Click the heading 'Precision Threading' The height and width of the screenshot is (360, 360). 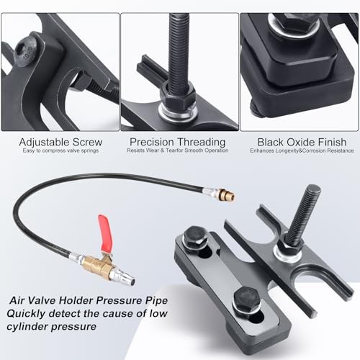(179, 143)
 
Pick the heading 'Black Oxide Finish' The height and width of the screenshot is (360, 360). (298, 143)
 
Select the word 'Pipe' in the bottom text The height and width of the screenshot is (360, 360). (160, 300)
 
